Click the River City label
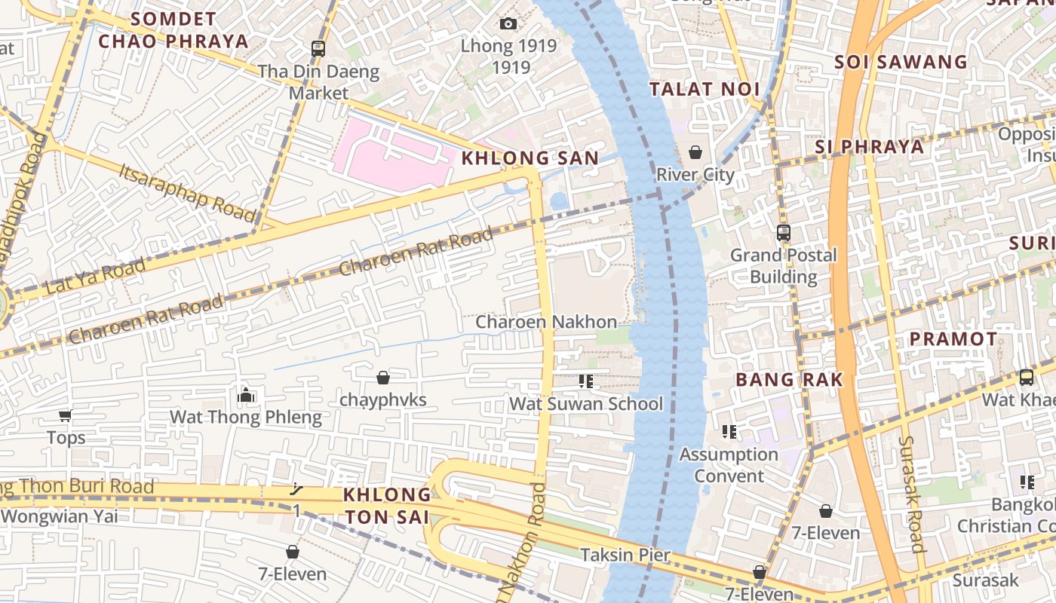point(695,175)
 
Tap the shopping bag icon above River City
point(695,153)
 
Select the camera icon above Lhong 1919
point(508,24)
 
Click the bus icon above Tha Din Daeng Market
point(318,49)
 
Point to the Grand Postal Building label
point(783,266)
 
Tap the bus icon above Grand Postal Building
point(784,233)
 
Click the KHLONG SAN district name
point(530,158)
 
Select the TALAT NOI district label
point(705,89)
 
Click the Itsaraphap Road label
point(188,191)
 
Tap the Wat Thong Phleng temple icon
point(246,395)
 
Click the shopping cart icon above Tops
point(66,415)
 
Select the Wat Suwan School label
point(586,404)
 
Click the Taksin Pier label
point(625,556)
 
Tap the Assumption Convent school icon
point(729,432)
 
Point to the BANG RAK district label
point(789,379)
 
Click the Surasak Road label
point(912,494)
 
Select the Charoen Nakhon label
point(545,322)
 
